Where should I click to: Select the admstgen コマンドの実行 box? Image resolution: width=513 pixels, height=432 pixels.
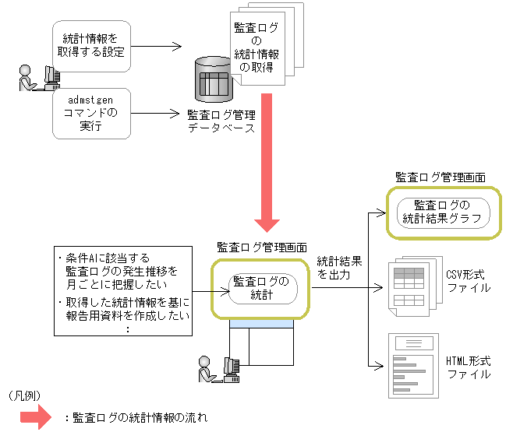click(x=90, y=114)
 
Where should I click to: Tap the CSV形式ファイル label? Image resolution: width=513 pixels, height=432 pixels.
click(x=468, y=281)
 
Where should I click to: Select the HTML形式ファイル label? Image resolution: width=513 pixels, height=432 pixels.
click(x=468, y=367)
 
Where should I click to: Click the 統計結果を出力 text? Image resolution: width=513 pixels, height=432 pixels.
click(x=339, y=269)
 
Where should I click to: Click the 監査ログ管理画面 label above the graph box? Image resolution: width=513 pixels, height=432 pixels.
click(x=440, y=177)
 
